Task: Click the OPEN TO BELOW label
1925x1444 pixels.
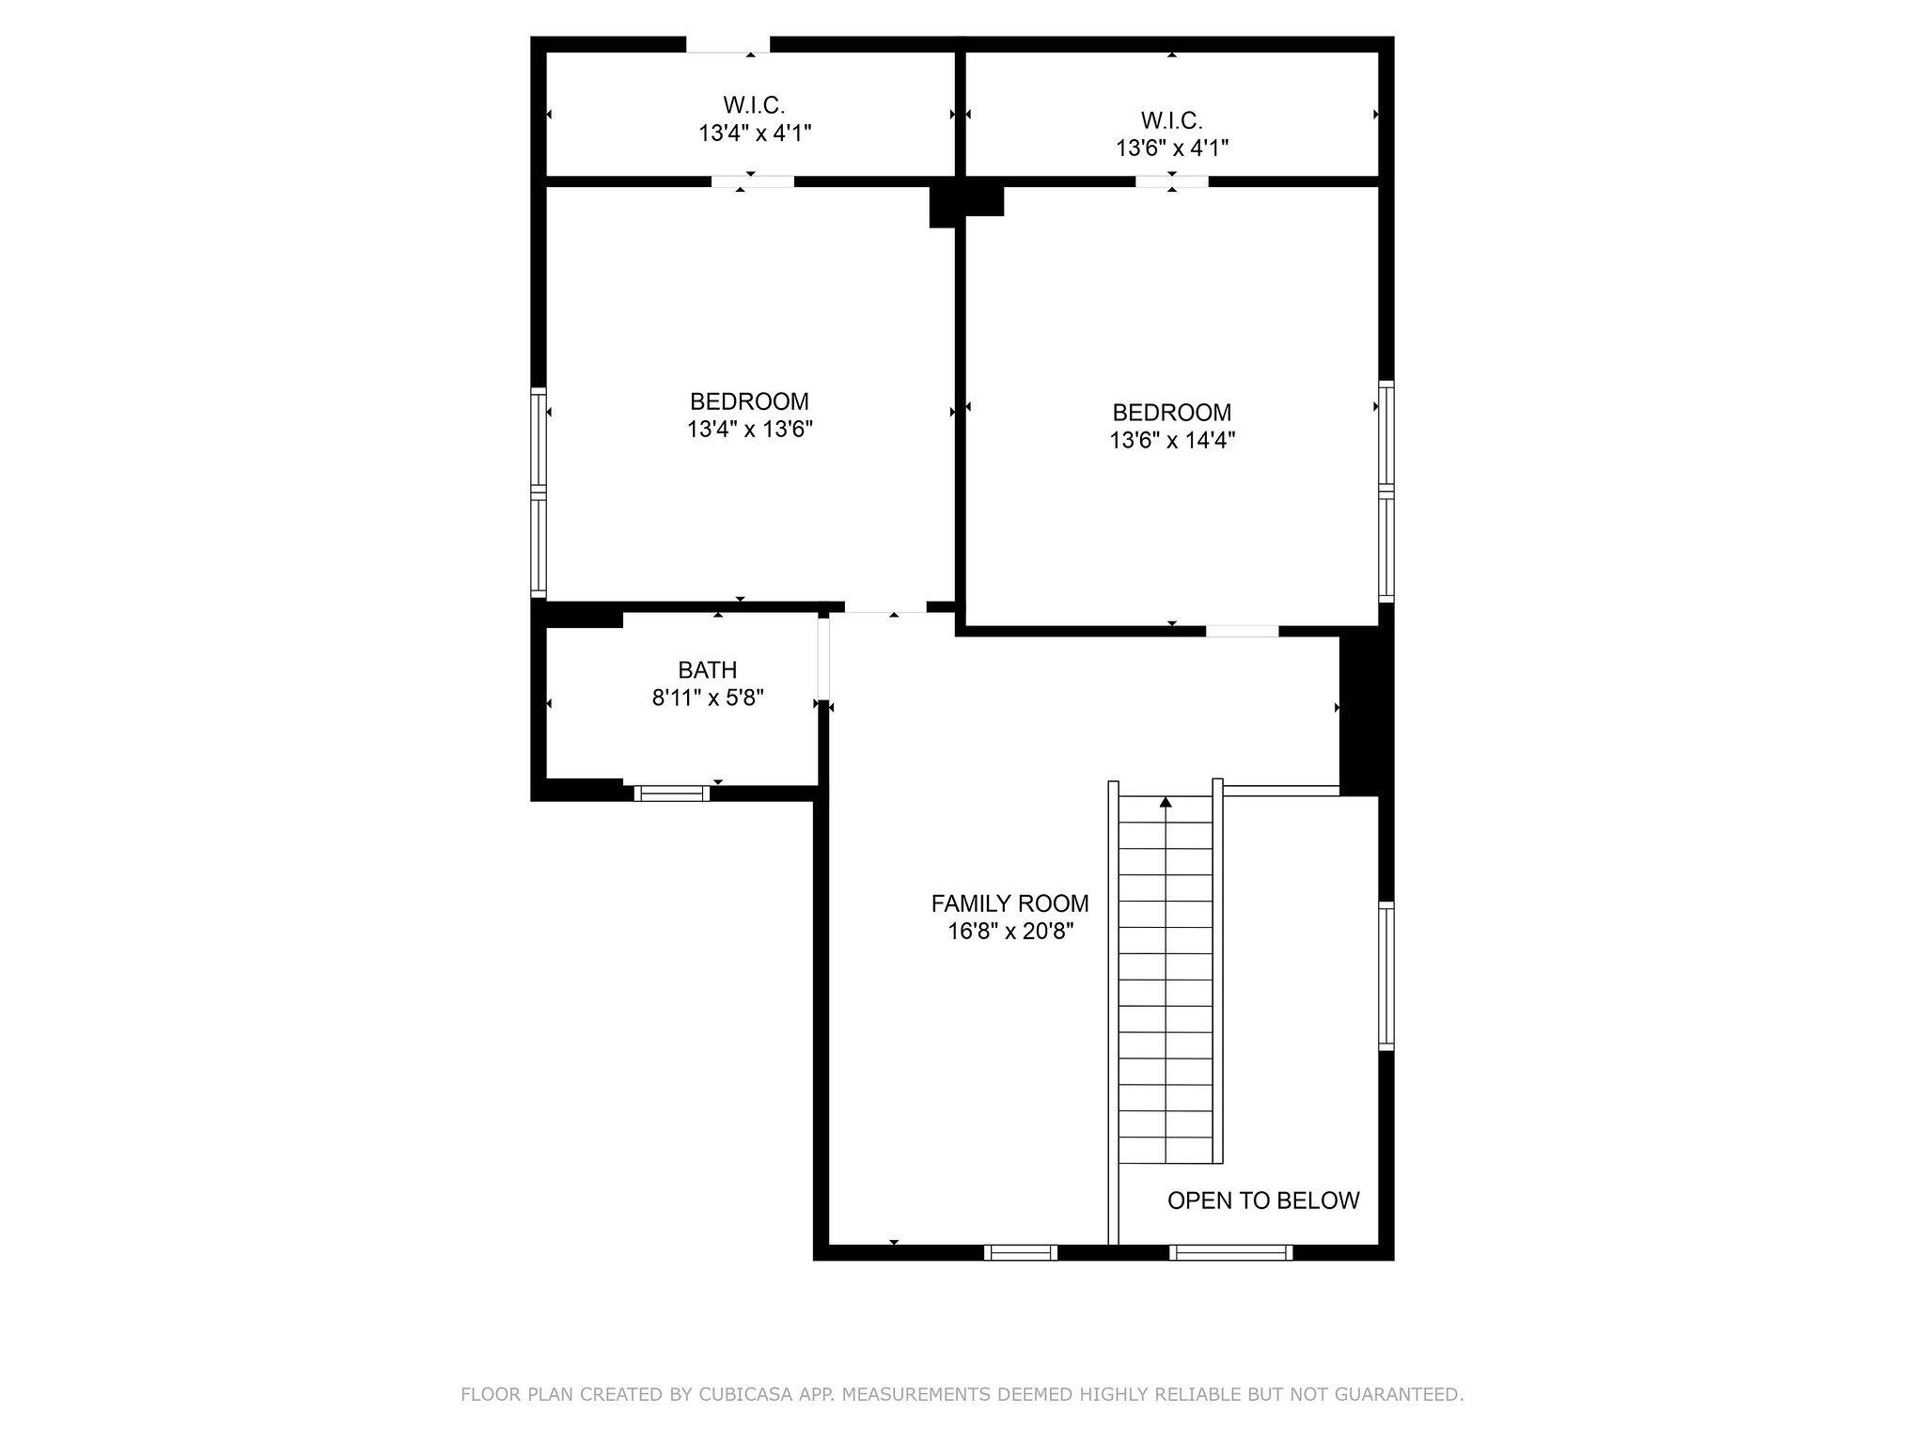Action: coord(1262,1201)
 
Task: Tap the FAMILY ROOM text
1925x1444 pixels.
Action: coord(1009,903)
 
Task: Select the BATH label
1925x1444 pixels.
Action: coord(707,670)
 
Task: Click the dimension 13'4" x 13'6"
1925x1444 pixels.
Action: coord(749,430)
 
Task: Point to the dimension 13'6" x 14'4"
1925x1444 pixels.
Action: coord(1171,440)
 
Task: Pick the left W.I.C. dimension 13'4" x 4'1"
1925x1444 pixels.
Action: coord(754,133)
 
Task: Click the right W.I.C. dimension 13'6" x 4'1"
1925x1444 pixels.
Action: coord(1171,148)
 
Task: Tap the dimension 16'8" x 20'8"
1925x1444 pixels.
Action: coord(1010,932)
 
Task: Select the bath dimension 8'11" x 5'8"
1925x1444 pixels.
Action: coord(707,698)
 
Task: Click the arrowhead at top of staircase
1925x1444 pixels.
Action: coord(1166,802)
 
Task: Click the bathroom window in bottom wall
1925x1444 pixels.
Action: coord(671,793)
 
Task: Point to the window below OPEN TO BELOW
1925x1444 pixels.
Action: coord(1230,1252)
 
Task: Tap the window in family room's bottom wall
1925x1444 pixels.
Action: coord(1020,1252)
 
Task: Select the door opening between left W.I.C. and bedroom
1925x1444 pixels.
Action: coord(752,181)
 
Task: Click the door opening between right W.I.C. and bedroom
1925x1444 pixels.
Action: coord(1171,181)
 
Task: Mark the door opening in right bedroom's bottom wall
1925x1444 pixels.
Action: coord(1242,631)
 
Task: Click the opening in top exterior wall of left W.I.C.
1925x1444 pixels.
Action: coord(728,44)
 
